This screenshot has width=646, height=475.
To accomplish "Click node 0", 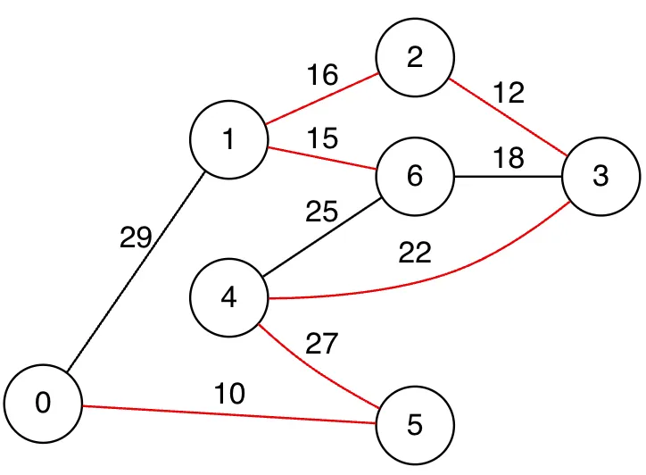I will (43, 404).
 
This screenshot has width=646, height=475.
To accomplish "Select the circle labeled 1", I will (229, 140).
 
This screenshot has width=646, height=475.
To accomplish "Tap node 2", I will (415, 58).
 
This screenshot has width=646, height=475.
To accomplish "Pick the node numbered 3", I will (600, 177).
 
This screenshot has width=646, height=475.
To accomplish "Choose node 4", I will (229, 297).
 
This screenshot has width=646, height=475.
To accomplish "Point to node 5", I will (415, 424).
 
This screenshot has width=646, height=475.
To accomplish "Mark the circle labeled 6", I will (415, 176).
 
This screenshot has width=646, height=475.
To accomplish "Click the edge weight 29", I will (136, 238).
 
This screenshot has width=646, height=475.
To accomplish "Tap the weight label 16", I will (322, 75).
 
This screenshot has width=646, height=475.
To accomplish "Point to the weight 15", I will (322, 138).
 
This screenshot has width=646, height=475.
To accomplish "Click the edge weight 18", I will (508, 158).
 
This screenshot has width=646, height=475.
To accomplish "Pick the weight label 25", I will (322, 212).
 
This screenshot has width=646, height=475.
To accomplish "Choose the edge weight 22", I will (415, 254).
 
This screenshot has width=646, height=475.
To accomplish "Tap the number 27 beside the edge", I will (322, 344).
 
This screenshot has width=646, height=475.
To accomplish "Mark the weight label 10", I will (229, 394).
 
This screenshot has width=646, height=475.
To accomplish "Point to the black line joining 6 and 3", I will (508, 177).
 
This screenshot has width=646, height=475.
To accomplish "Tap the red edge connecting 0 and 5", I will (229, 414).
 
